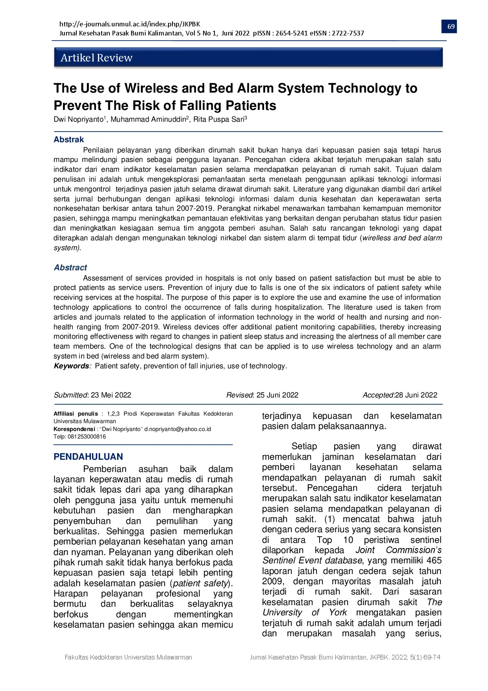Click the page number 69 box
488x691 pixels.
pos(451,26)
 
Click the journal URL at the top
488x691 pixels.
pos(129,24)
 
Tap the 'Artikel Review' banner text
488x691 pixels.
pos(96,58)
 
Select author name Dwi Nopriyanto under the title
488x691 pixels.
pos(78,119)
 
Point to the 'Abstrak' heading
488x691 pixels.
pos(69,139)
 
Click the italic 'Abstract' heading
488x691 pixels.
pos(70,267)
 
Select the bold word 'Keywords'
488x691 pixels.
pos(72,366)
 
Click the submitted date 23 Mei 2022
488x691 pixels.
pos(111,395)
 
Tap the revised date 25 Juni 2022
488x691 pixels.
pos(277,395)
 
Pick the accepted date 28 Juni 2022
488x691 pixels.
pos(416,395)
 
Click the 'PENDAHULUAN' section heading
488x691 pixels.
pos(88,457)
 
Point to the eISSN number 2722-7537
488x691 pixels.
pos(348,33)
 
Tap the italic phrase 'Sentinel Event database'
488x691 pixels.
pos(312,561)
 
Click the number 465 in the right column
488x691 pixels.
pos(434,561)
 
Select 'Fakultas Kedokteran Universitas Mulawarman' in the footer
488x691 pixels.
pos(128,657)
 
